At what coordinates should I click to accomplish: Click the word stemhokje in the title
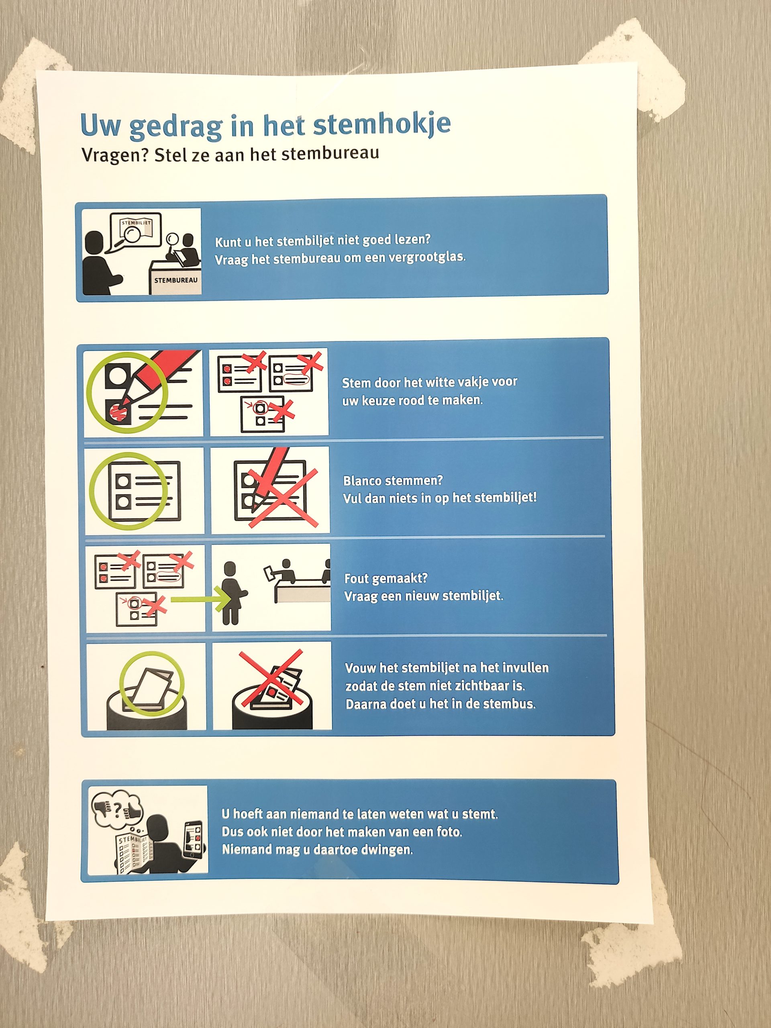tap(381, 124)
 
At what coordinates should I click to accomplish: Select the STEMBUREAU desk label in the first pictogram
tap(175, 280)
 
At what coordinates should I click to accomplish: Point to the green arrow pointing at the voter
tap(200, 599)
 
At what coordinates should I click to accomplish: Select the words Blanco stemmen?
tap(393, 480)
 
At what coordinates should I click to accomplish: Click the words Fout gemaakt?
tap(386, 578)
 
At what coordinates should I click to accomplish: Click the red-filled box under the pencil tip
tap(118, 410)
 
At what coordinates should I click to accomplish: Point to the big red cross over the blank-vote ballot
tap(283, 498)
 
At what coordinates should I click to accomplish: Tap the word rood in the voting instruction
tap(425, 400)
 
